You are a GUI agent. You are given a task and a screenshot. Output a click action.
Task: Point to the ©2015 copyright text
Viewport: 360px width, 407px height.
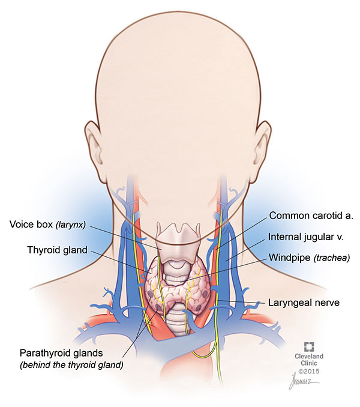[x=310, y=372]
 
